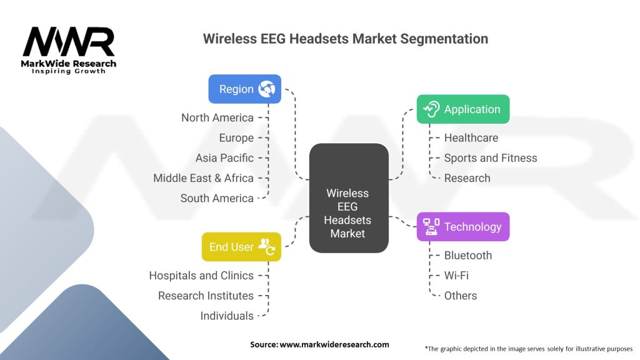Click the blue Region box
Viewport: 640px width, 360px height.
click(x=244, y=89)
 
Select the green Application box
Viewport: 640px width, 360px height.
click(x=463, y=109)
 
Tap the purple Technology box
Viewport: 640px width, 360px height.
click(x=463, y=226)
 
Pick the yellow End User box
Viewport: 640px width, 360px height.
click(x=241, y=247)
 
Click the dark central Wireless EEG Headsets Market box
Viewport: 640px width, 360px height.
click(x=349, y=198)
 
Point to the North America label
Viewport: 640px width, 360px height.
click(x=217, y=117)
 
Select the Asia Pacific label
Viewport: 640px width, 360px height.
click(x=224, y=158)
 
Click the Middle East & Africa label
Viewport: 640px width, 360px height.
click(x=203, y=178)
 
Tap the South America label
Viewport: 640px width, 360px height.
click(x=217, y=198)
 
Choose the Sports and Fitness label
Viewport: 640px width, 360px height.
click(x=491, y=158)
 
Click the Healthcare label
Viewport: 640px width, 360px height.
click(x=471, y=138)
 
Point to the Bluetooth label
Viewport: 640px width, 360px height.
click(x=468, y=256)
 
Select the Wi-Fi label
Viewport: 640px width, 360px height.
click(x=456, y=276)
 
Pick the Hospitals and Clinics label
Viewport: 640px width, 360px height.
click(x=201, y=276)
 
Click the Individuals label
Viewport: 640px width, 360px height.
click(x=227, y=316)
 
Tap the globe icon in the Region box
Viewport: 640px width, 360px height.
click(x=266, y=89)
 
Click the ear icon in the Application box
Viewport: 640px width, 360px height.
click(x=431, y=109)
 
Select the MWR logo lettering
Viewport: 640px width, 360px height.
click(x=69, y=42)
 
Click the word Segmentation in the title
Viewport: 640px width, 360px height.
click(x=444, y=39)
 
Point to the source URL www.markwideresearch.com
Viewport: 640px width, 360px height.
click(x=334, y=344)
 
